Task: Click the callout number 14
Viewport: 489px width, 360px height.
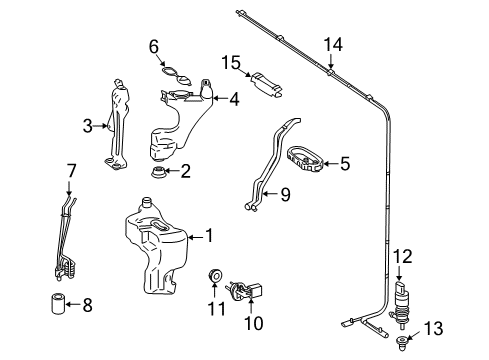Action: (x=333, y=45)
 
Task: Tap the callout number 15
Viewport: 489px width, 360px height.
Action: (x=231, y=63)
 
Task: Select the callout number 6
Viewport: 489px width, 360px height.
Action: (x=154, y=47)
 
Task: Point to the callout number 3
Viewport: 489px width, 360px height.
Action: (x=88, y=126)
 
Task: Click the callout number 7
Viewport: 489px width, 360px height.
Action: (x=72, y=171)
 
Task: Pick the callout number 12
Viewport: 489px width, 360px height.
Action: (x=403, y=256)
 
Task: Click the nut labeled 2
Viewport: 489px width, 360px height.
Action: (x=158, y=172)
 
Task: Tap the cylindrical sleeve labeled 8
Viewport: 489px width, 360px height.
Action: (x=57, y=303)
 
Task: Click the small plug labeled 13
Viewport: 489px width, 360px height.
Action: (x=401, y=343)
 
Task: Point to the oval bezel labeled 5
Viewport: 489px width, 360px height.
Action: (x=304, y=159)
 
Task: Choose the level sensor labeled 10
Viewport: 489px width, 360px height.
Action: (x=245, y=290)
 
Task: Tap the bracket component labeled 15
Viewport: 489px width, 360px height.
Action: (x=267, y=86)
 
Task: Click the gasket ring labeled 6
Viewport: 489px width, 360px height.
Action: (x=176, y=76)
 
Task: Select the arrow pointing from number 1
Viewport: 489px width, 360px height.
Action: (x=195, y=237)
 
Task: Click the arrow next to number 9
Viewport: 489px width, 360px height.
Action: (x=270, y=193)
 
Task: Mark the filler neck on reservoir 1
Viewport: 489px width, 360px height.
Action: (x=147, y=202)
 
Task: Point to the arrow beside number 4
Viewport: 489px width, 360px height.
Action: (x=220, y=98)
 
